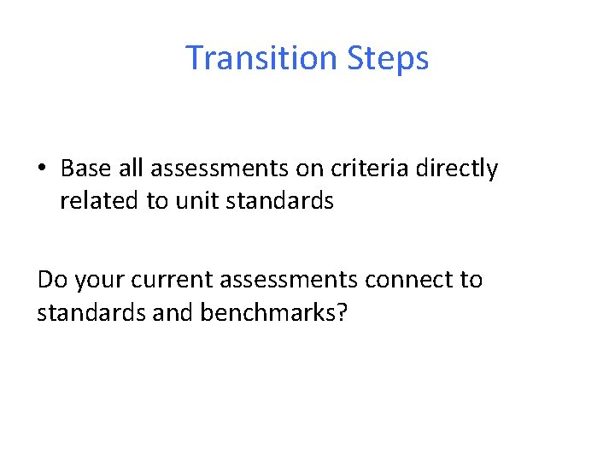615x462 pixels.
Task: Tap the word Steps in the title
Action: (389, 58)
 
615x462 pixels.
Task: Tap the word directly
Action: (456, 169)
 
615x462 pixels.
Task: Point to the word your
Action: (99, 280)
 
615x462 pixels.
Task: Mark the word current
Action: (173, 280)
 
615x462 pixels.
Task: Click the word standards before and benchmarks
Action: (79, 312)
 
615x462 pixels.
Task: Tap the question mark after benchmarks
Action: (342, 312)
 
